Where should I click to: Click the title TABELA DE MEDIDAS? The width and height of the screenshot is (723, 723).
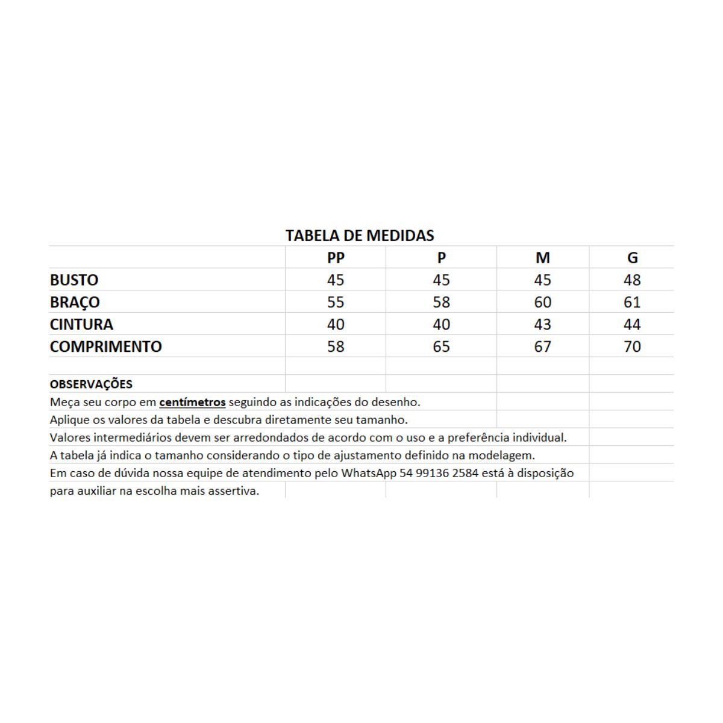360,236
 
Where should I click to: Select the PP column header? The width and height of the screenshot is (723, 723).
336,258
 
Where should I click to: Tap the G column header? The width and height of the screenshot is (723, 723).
632,258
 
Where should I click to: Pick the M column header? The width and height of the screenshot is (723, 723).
542,258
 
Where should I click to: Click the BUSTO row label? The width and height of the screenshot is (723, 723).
74,280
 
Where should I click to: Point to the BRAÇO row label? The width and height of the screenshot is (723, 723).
75,302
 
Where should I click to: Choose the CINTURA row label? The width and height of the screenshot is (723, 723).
81,325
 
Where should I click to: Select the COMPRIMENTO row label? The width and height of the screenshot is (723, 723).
106,347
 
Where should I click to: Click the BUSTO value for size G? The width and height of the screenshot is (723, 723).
632,280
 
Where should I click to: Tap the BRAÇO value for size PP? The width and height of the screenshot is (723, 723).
336,302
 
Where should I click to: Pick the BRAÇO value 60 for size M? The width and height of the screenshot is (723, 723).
542,302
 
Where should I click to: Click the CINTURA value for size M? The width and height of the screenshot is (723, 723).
542,325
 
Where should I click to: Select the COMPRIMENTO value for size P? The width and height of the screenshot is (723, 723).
441,347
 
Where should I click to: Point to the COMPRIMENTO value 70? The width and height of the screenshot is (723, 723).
632,347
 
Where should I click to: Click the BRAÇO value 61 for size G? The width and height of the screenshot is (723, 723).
632,302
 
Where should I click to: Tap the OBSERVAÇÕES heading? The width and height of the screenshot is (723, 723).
91,384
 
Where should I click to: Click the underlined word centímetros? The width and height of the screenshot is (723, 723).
192,402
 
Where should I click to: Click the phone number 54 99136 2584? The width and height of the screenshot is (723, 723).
439,474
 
